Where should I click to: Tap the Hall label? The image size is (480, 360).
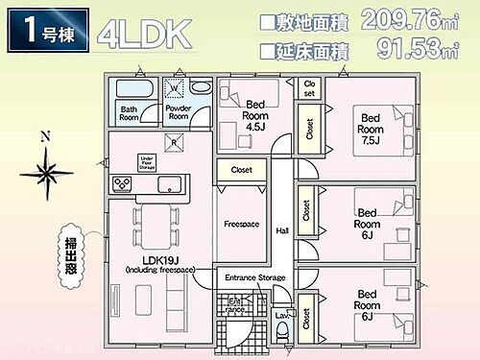pos(281,230)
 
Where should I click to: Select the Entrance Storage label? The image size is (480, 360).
pos(254,277)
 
